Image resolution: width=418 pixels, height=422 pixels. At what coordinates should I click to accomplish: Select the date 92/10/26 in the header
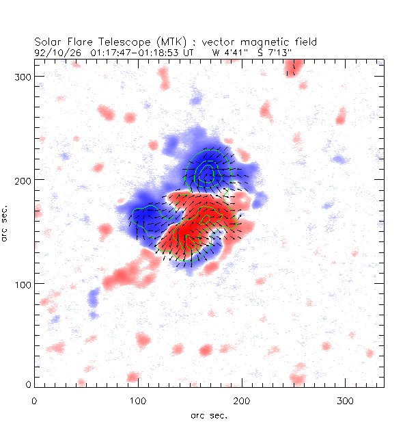(53, 51)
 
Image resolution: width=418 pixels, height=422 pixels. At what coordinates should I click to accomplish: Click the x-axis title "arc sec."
(208, 415)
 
